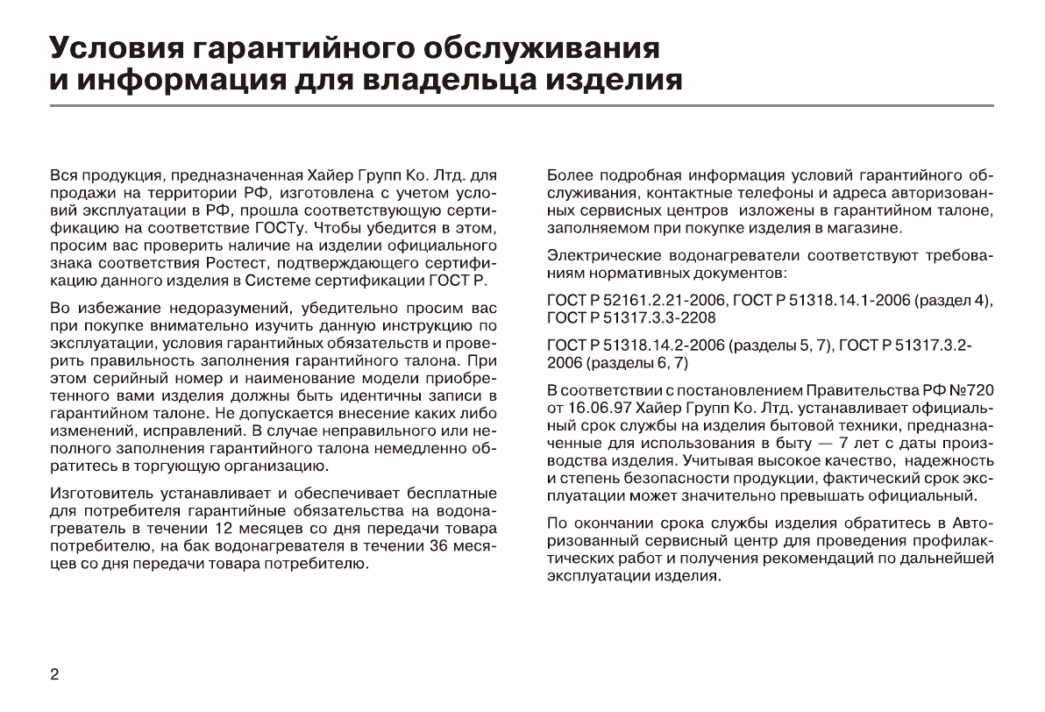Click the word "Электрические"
[599, 256]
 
